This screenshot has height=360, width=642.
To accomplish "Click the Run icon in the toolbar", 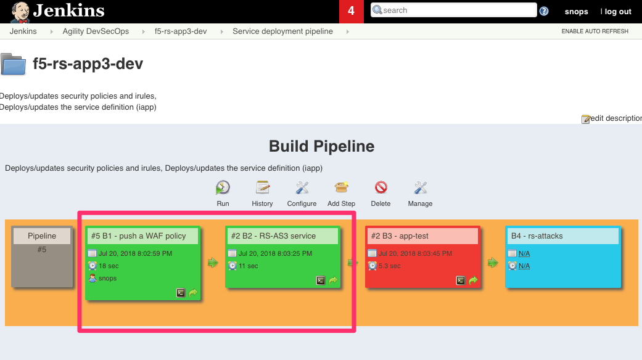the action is tap(223, 188).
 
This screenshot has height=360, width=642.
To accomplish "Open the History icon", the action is tap(263, 187).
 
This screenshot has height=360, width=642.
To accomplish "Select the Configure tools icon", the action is tap(302, 188).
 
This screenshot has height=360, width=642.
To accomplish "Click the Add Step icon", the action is tap(341, 187).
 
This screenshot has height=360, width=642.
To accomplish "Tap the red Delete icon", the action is tap(381, 187).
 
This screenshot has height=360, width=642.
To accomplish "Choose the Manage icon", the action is tap(421, 188).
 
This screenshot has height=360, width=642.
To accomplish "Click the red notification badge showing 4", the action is tap(352, 11).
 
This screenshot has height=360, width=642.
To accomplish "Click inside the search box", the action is tap(454, 10).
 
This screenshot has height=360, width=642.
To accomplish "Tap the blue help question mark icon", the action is tap(544, 11).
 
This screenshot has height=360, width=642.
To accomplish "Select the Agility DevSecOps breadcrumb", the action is tap(96, 31).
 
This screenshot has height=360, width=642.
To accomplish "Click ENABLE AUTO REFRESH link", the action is tap(595, 31).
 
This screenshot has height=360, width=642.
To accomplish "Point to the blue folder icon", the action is tap(14, 64).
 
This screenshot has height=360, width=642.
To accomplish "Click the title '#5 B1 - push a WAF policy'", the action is tap(138, 236).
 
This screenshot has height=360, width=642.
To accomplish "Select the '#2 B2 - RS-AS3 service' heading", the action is tap(273, 236).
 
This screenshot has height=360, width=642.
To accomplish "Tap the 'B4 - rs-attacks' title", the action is tap(537, 236).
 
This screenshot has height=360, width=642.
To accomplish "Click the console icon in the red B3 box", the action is tap(461, 280).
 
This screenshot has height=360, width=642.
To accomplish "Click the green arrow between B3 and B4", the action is tap(493, 263).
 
